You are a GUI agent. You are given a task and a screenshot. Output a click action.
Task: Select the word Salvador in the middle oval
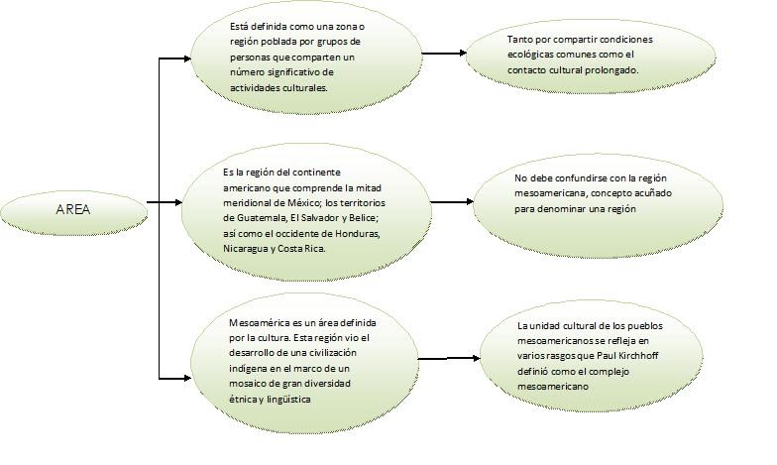click(x=325, y=217)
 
